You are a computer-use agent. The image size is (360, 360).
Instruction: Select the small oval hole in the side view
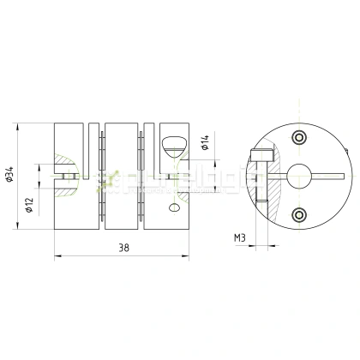pyautogui.click(x=175, y=207)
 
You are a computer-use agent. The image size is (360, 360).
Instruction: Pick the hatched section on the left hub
pyautogui.click(x=61, y=167)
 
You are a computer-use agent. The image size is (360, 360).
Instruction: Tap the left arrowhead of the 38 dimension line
pyautogui.click(x=57, y=255)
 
